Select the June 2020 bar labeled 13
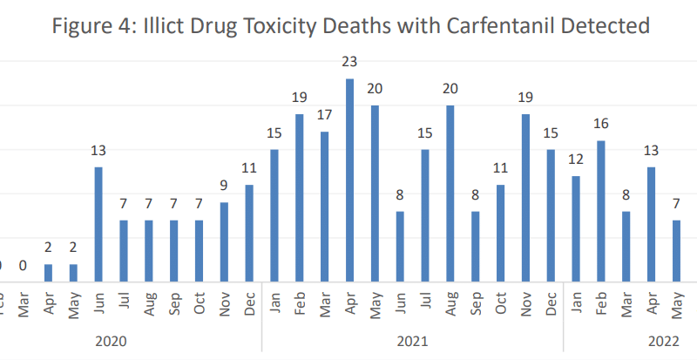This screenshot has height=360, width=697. [98, 224]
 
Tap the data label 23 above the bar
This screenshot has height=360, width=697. [349, 62]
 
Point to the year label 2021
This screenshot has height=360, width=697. [413, 340]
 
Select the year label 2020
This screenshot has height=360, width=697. [112, 340]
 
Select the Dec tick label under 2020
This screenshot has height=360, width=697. [249, 303]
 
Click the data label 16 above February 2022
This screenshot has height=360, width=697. [600, 124]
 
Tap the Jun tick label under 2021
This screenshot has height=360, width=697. [400, 303]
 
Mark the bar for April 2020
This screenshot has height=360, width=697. [48, 273]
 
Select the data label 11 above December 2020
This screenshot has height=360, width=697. [249, 167]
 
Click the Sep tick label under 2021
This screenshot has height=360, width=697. [475, 303]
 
